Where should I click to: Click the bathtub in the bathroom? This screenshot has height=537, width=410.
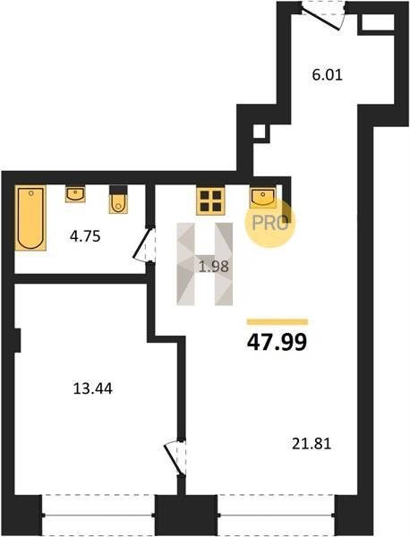[x=30, y=217]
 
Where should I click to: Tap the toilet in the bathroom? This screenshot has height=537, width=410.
[x=118, y=200]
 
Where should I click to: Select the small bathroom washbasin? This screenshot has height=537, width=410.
[x=75, y=194]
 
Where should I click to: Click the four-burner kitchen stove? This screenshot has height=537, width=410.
[x=210, y=201]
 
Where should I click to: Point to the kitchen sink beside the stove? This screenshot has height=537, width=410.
[x=263, y=197]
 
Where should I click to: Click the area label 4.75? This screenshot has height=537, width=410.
[x=85, y=236]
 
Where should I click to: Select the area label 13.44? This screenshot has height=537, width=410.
[x=93, y=388]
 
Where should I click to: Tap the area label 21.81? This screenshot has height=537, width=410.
[x=312, y=444]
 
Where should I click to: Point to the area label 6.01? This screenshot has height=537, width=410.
[x=328, y=74]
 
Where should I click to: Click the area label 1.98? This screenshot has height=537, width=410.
[x=214, y=267]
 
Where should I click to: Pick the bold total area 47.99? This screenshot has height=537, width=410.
[x=277, y=343]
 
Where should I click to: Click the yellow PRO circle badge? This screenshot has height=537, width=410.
[x=269, y=223]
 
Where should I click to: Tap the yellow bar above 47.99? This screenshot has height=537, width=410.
[x=278, y=322]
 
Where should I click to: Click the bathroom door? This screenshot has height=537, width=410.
[x=144, y=244]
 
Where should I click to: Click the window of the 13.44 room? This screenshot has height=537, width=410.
[x=98, y=515]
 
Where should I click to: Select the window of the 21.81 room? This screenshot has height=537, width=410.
[x=276, y=515]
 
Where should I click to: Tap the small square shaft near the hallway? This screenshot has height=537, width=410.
[x=260, y=132]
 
